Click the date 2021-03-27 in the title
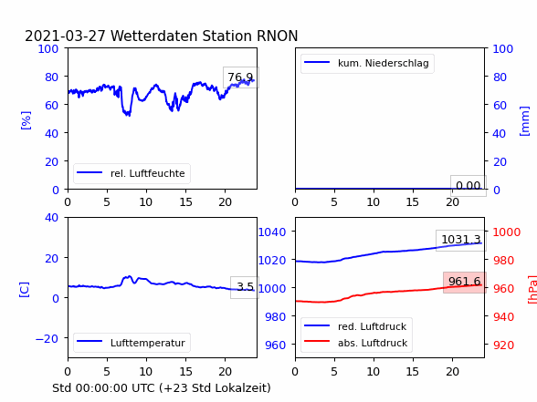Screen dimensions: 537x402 [65, 36]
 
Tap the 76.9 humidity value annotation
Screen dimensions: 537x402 [240, 77]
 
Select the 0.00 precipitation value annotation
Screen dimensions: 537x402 [469, 186]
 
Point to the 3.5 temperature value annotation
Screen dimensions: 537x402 [245, 287]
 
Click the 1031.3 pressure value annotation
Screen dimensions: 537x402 [461, 240]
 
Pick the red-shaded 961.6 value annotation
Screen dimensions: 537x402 [465, 282]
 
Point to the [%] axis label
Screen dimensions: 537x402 [26, 120]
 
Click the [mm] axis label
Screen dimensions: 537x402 [524, 121]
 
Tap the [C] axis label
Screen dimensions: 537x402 [25, 290]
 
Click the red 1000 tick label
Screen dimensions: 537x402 [507, 232]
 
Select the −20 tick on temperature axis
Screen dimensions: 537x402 [47, 339]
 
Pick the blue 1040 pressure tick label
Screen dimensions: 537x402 [272, 232]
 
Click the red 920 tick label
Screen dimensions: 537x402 [503, 345]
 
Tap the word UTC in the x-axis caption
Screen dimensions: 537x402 [144, 388]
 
